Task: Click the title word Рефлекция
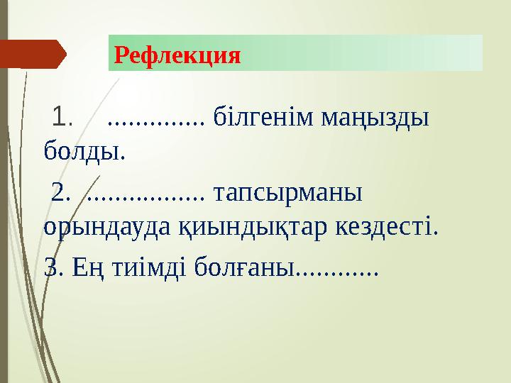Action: [x=177, y=54]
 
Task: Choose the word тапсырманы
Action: [x=287, y=193]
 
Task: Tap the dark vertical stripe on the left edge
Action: [x=4, y=213]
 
